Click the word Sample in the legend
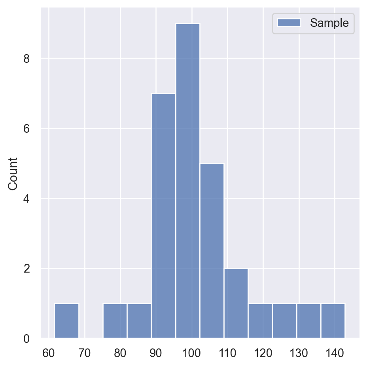[329, 23]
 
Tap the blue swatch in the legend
[289, 23]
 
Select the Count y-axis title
[13, 173]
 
